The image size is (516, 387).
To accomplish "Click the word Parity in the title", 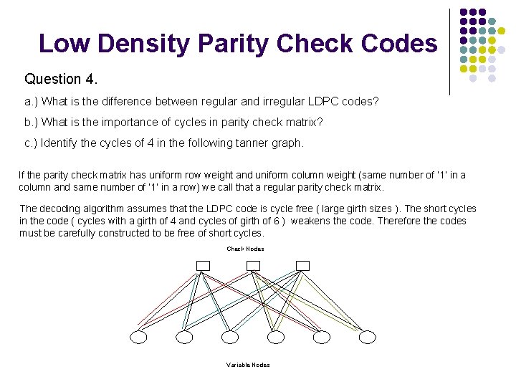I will (230, 44).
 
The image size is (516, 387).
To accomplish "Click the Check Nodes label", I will (245, 249).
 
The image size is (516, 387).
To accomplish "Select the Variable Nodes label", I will (248, 365).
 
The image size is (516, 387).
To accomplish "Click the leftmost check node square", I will (203, 265).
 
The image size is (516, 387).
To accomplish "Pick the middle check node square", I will (253, 265).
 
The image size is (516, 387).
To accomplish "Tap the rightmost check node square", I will (302, 265).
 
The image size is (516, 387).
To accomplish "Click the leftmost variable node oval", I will (138, 337).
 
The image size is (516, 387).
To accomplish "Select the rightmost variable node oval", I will (366, 337).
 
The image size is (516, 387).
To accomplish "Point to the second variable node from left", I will (184, 337).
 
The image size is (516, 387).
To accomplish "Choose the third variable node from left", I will (230, 337).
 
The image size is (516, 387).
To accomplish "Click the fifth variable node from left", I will (321, 337).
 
